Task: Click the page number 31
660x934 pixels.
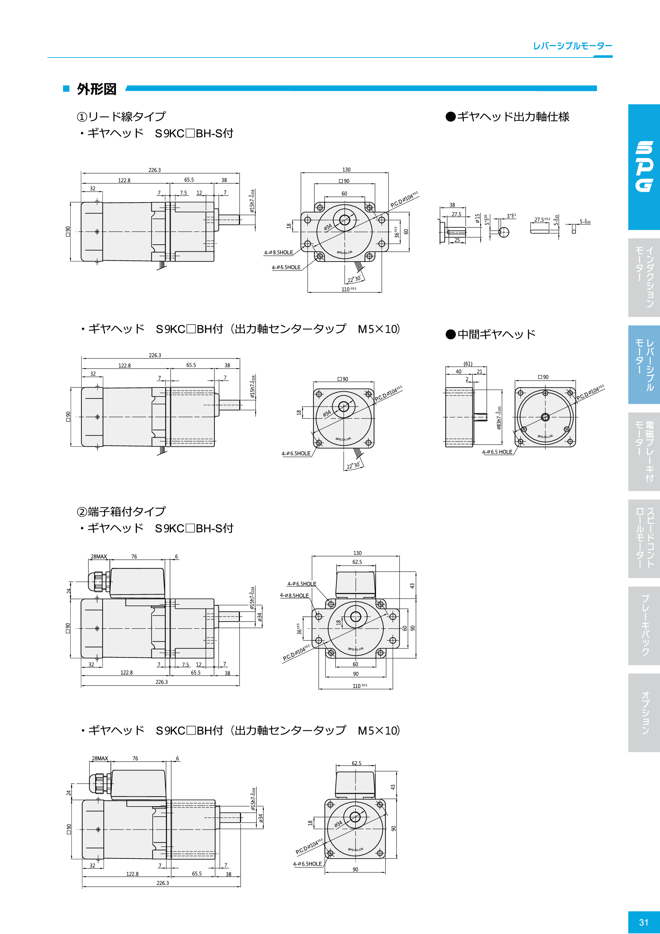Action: click(x=643, y=922)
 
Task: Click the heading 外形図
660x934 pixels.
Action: click(x=96, y=89)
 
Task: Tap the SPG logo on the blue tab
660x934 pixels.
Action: click(x=644, y=166)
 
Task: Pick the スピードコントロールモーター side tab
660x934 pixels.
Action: click(x=644, y=538)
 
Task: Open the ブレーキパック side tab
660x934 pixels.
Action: click(x=644, y=625)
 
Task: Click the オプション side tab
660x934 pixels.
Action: click(x=644, y=712)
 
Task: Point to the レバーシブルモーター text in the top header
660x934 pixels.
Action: click(x=572, y=46)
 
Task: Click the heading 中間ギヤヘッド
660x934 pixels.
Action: click(x=491, y=334)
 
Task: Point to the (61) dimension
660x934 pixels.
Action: click(x=468, y=364)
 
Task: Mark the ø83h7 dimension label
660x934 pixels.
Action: click(x=499, y=417)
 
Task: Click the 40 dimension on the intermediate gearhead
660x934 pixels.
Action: click(x=459, y=371)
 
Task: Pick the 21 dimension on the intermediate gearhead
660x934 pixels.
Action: click(x=480, y=371)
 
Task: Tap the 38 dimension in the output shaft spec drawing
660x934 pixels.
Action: click(x=452, y=205)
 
